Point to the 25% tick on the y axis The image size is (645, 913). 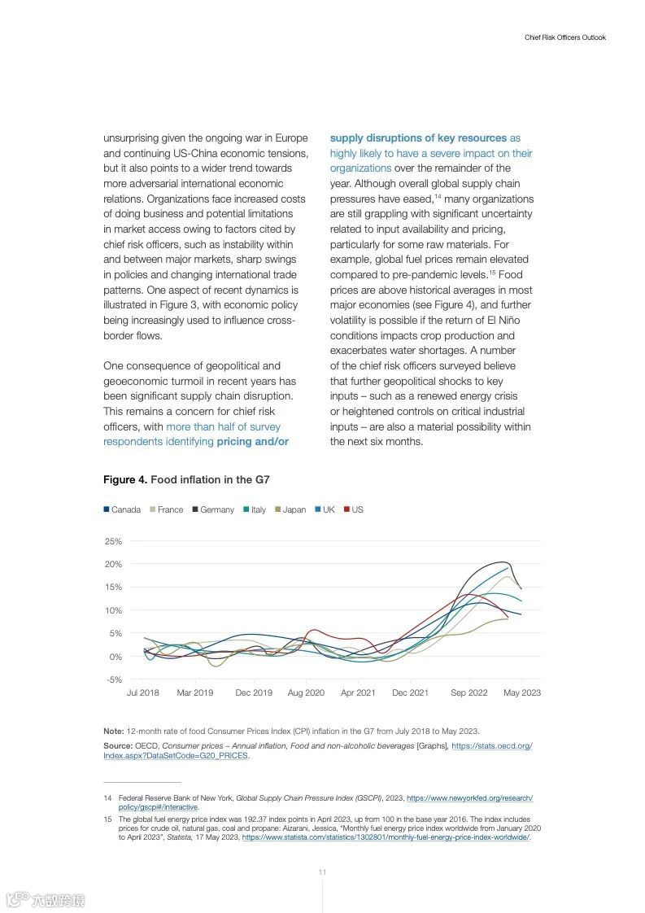[113, 541]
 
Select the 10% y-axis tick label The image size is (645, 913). [113, 610]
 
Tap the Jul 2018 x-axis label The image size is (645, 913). [143, 692]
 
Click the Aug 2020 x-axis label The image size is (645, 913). [306, 692]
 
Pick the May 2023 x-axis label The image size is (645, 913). [522, 692]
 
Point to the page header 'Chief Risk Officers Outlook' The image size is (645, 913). [564, 37]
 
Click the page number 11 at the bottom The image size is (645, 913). [322, 871]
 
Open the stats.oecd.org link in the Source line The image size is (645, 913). [491, 746]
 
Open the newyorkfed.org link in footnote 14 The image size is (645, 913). [469, 798]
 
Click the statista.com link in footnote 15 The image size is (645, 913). [386, 837]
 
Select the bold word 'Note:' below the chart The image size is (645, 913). [114, 731]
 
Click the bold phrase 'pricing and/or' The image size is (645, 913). [253, 442]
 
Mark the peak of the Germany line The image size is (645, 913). [503, 561]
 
